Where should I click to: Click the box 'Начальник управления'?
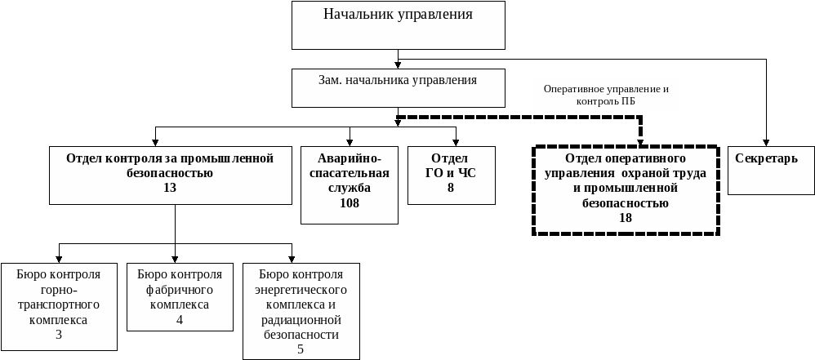tap(398, 25)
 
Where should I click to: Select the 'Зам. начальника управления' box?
tap(398, 87)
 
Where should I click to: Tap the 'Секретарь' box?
tap(771, 170)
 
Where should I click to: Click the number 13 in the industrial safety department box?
tap(170, 188)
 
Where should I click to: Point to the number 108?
tap(350, 203)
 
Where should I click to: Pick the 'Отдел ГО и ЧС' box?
tap(451, 175)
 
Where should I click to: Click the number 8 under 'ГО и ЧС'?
tap(450, 188)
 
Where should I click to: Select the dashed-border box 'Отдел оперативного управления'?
tap(626, 189)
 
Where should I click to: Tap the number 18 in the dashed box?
tap(626, 218)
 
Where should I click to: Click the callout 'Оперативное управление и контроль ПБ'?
tap(606, 94)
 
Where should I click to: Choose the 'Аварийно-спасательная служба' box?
tap(350, 184)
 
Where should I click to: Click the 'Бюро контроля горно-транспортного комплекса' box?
tap(59, 306)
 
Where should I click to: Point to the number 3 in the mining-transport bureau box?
tap(59, 335)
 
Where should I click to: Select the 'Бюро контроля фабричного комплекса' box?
tap(180, 296)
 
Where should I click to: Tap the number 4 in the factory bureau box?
tap(180, 319)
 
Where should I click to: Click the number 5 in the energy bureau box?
tap(300, 349)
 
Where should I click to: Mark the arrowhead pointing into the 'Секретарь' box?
tap(767, 142)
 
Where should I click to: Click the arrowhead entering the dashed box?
tap(640, 141)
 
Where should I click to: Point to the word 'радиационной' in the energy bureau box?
tap(300, 320)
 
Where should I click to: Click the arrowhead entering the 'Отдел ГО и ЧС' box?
tap(456, 142)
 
